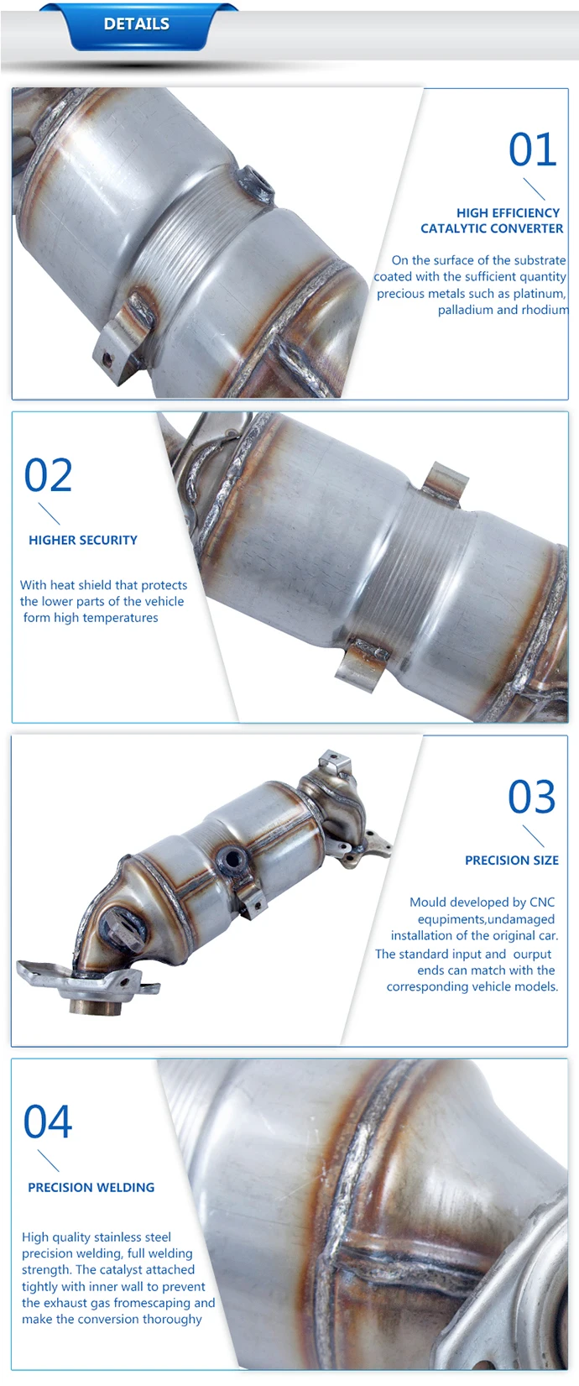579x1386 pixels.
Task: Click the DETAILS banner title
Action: pyautogui.click(x=136, y=24)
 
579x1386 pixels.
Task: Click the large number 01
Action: pyautogui.click(x=532, y=150)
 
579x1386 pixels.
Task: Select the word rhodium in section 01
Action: pyautogui.click(x=546, y=310)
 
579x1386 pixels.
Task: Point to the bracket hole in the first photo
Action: pyautogui.click(x=107, y=358)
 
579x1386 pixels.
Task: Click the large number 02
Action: pyautogui.click(x=48, y=476)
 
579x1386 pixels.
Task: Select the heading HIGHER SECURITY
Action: pyautogui.click(x=83, y=540)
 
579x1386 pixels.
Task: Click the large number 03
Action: pyautogui.click(x=531, y=798)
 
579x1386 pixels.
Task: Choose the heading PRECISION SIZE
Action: pyautogui.click(x=511, y=860)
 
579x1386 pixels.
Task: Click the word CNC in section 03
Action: pyautogui.click(x=542, y=902)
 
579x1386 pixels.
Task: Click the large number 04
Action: pyautogui.click(x=48, y=1122)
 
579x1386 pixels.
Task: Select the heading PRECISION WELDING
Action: pyautogui.click(x=91, y=1187)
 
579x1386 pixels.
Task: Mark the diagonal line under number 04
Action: pyautogui.click(x=49, y=1161)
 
